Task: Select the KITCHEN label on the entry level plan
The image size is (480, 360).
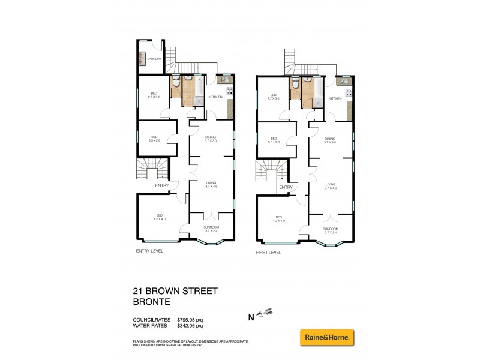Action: pyautogui.click(x=215, y=97)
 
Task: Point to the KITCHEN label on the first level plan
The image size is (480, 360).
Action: pyautogui.click(x=335, y=98)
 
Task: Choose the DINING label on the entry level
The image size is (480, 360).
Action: pyautogui.click(x=211, y=137)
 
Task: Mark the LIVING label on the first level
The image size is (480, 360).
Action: pyautogui.click(x=331, y=185)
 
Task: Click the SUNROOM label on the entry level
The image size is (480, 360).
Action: pyautogui.click(x=211, y=227)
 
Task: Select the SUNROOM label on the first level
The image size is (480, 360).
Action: pyautogui.click(x=331, y=229)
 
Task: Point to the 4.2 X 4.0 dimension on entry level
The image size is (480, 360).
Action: pyautogui.click(x=160, y=220)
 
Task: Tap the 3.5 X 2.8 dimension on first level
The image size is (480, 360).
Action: pyautogui.click(x=274, y=142)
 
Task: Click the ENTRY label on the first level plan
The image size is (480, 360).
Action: pyautogui.click(x=286, y=187)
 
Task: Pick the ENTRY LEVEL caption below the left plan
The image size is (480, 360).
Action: pyautogui.click(x=149, y=251)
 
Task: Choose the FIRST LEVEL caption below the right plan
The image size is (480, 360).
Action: pyautogui.click(x=268, y=253)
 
